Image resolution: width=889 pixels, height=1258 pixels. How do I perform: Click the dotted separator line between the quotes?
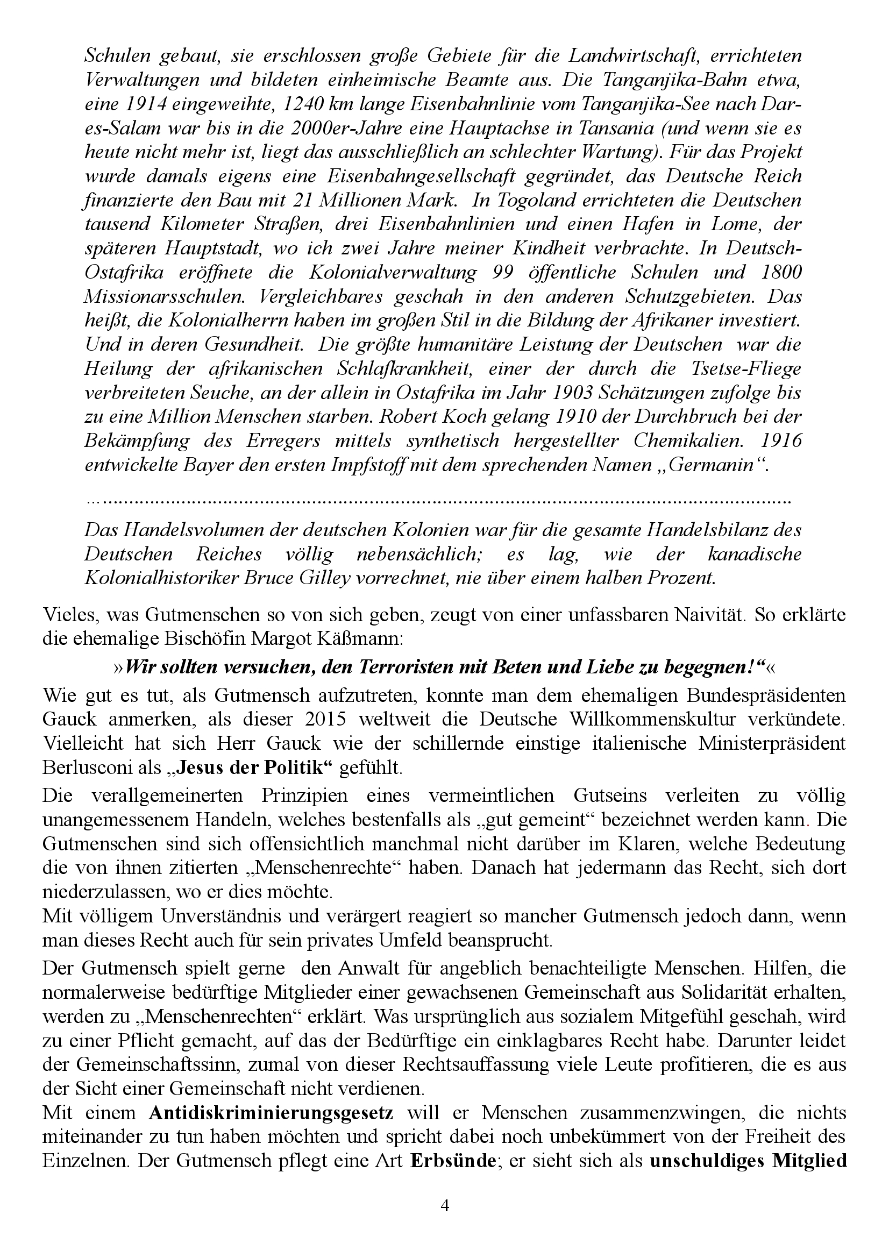pos(438,501)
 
